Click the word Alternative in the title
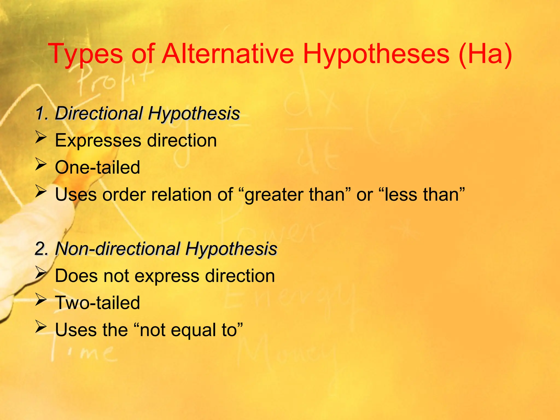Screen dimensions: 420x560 [x=228, y=54]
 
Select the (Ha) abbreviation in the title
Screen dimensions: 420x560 [x=485, y=54]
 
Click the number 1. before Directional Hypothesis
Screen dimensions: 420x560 [x=42, y=113]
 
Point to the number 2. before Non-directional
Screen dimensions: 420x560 [x=42, y=249]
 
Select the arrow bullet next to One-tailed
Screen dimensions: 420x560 [x=41, y=164]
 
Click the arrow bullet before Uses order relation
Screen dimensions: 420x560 [x=41, y=191]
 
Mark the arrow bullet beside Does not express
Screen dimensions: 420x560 [x=41, y=273]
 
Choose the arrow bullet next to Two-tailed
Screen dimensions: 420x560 [x=41, y=300]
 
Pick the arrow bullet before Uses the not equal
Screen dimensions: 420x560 [x=41, y=327]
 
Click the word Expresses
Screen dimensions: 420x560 [x=98, y=141]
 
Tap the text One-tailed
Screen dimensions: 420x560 [x=97, y=167]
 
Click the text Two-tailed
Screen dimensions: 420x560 [x=97, y=303]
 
